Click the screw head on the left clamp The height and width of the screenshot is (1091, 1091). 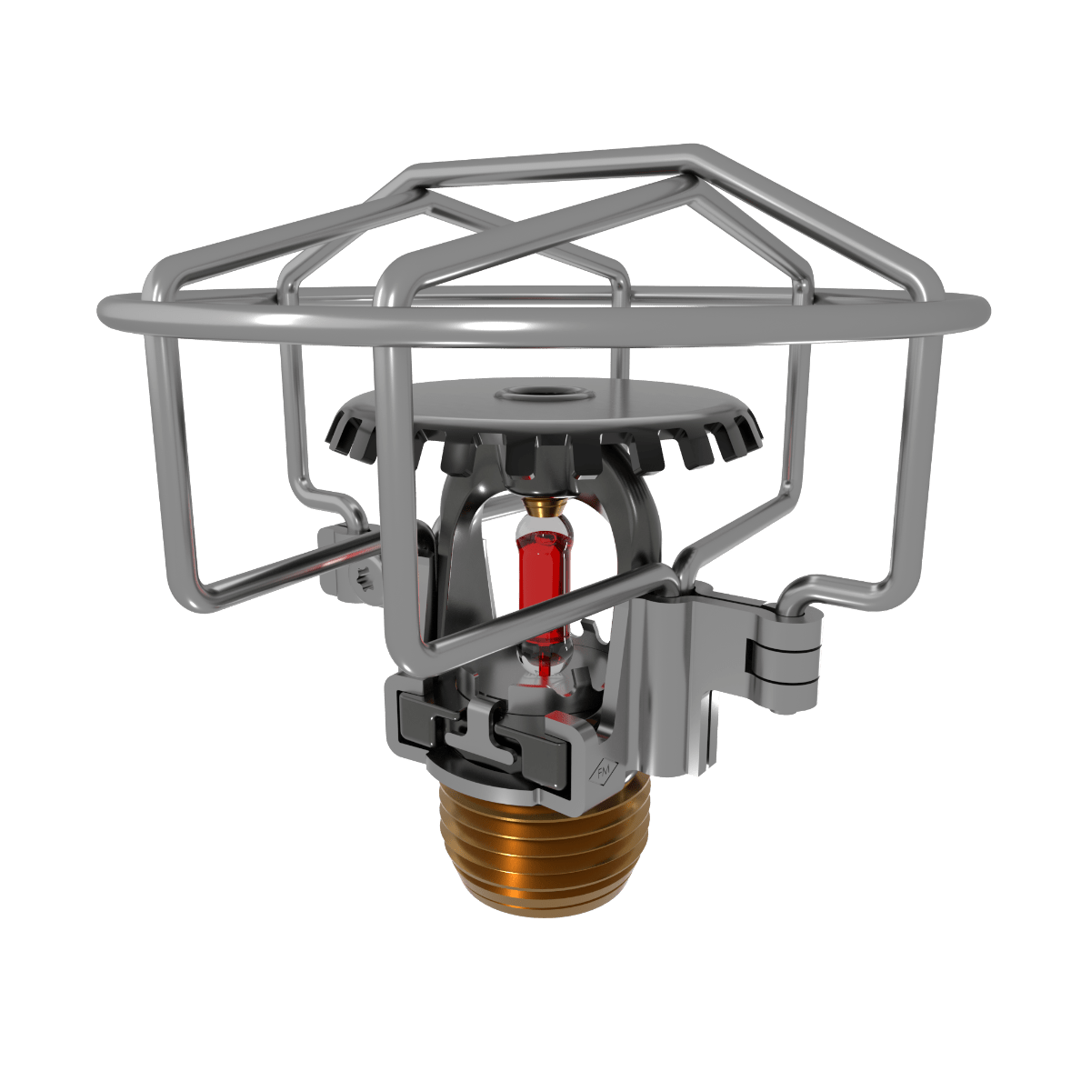[x=363, y=578]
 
